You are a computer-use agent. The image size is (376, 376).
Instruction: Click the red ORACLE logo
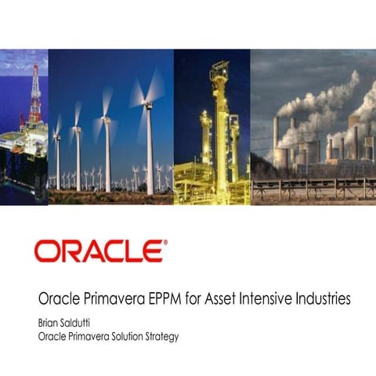tap(99, 251)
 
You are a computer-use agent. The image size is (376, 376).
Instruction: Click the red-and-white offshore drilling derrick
tap(34, 94)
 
